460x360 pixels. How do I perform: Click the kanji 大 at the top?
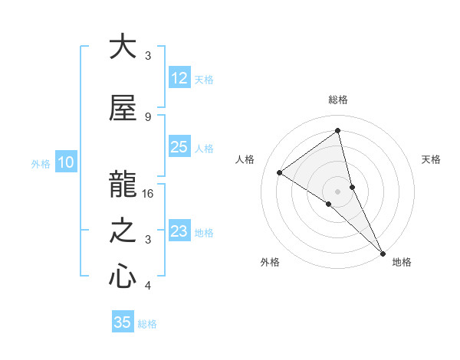[123, 47]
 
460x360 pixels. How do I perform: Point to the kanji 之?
[123, 231]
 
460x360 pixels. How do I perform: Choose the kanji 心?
[123, 277]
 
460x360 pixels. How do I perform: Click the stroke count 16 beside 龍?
[149, 194]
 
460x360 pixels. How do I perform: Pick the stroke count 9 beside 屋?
[148, 116]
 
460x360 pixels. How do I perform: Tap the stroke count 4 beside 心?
[148, 286]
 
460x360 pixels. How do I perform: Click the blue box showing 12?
[179, 78]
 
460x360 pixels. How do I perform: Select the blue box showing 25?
[179, 147]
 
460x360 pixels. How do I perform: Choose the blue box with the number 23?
[179, 231]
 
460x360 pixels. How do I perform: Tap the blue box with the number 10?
[66, 162]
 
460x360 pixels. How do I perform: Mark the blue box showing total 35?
[123, 322]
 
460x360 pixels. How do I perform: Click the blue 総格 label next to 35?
[147, 324]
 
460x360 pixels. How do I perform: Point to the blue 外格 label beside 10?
[41, 163]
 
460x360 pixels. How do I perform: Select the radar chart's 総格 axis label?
[338, 100]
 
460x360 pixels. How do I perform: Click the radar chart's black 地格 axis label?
[402, 262]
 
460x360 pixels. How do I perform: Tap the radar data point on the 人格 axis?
[280, 172]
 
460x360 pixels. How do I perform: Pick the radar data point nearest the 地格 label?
[383, 253]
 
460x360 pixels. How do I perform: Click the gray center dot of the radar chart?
[337, 191]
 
